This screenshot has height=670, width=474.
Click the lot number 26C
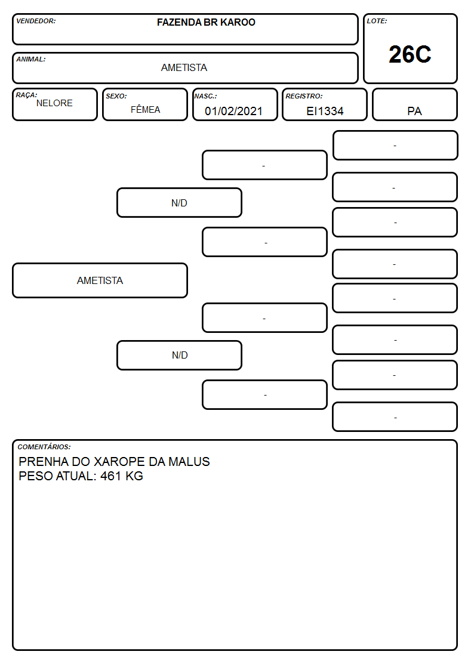coord(410,54)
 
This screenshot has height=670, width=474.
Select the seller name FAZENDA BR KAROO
coord(206,22)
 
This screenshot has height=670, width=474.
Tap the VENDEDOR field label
coord(36,21)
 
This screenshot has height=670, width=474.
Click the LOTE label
coord(377,21)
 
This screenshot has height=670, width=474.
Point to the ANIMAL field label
coord(31,60)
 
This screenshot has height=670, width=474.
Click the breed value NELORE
coord(54,103)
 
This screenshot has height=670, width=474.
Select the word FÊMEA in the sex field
coord(145,109)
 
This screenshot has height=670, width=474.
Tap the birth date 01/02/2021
coord(233,111)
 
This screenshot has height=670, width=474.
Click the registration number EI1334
coord(325,111)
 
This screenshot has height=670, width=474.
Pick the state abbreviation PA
coord(414,111)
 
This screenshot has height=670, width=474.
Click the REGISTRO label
coord(304,96)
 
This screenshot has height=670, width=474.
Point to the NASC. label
coord(205,96)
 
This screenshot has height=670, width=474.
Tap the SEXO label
coord(116,96)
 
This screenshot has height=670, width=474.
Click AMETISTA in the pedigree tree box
coord(100,280)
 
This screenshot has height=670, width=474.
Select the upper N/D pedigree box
coord(179,203)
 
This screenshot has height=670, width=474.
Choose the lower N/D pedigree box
coord(179,355)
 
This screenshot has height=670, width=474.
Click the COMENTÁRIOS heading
coord(44,447)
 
